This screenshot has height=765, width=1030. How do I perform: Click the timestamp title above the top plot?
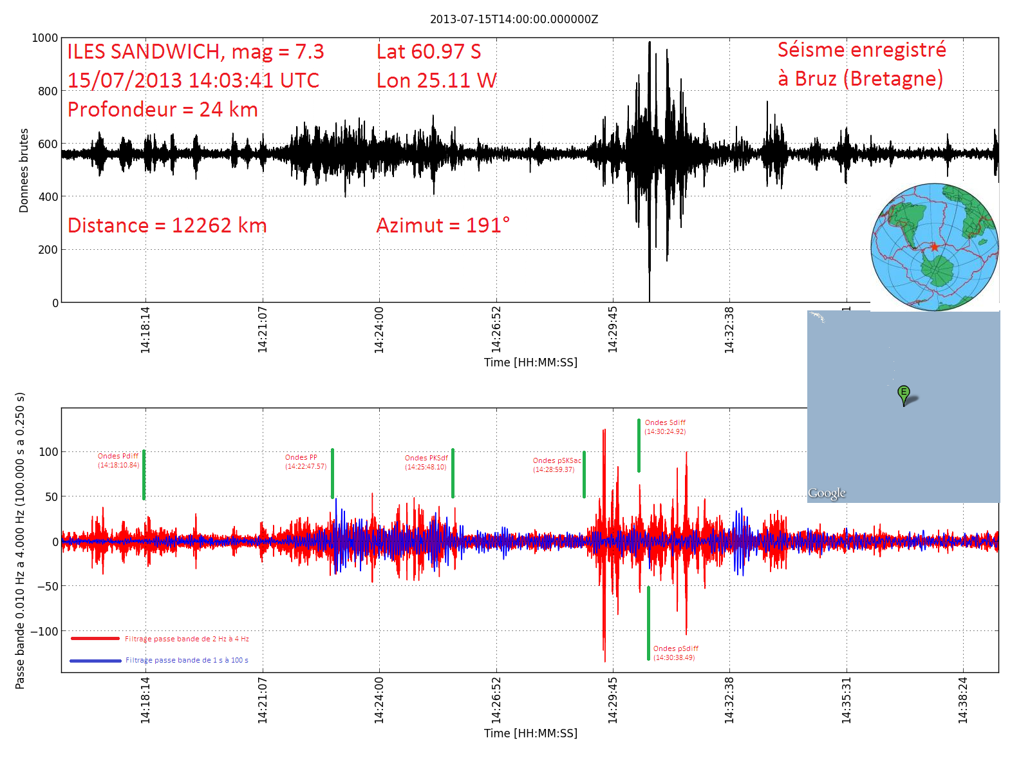[x=514, y=19]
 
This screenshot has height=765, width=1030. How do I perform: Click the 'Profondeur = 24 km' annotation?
[x=162, y=109]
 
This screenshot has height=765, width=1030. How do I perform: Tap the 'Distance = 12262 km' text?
[x=167, y=225]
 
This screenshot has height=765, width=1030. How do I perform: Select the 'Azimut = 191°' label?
[x=443, y=225]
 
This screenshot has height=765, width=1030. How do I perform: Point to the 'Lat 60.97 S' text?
[x=429, y=52]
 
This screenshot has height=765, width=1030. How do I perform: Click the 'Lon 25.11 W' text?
[x=436, y=80]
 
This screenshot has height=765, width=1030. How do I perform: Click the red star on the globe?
[x=934, y=247]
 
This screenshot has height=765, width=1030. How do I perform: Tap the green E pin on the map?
[x=904, y=393]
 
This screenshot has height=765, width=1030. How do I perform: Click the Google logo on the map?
[x=827, y=493]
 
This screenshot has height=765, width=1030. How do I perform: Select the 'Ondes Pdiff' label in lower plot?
[x=118, y=456]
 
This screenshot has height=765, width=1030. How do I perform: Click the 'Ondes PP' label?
[x=301, y=457]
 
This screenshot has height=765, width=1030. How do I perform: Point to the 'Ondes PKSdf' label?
[x=426, y=458]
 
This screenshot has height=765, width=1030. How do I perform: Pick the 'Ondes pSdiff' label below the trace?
[x=675, y=648]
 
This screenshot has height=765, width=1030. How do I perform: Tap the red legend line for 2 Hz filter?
[x=95, y=639]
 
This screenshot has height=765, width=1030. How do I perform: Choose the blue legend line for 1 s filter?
[x=95, y=661]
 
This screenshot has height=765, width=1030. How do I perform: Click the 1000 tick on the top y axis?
[x=45, y=38]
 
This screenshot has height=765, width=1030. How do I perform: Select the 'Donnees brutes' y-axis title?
[x=24, y=170]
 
